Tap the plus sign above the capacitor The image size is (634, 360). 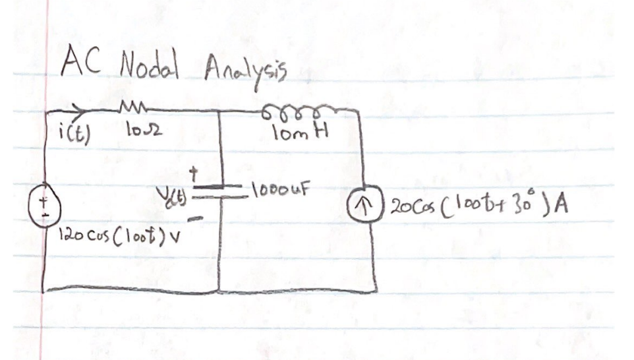[x=194, y=173]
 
